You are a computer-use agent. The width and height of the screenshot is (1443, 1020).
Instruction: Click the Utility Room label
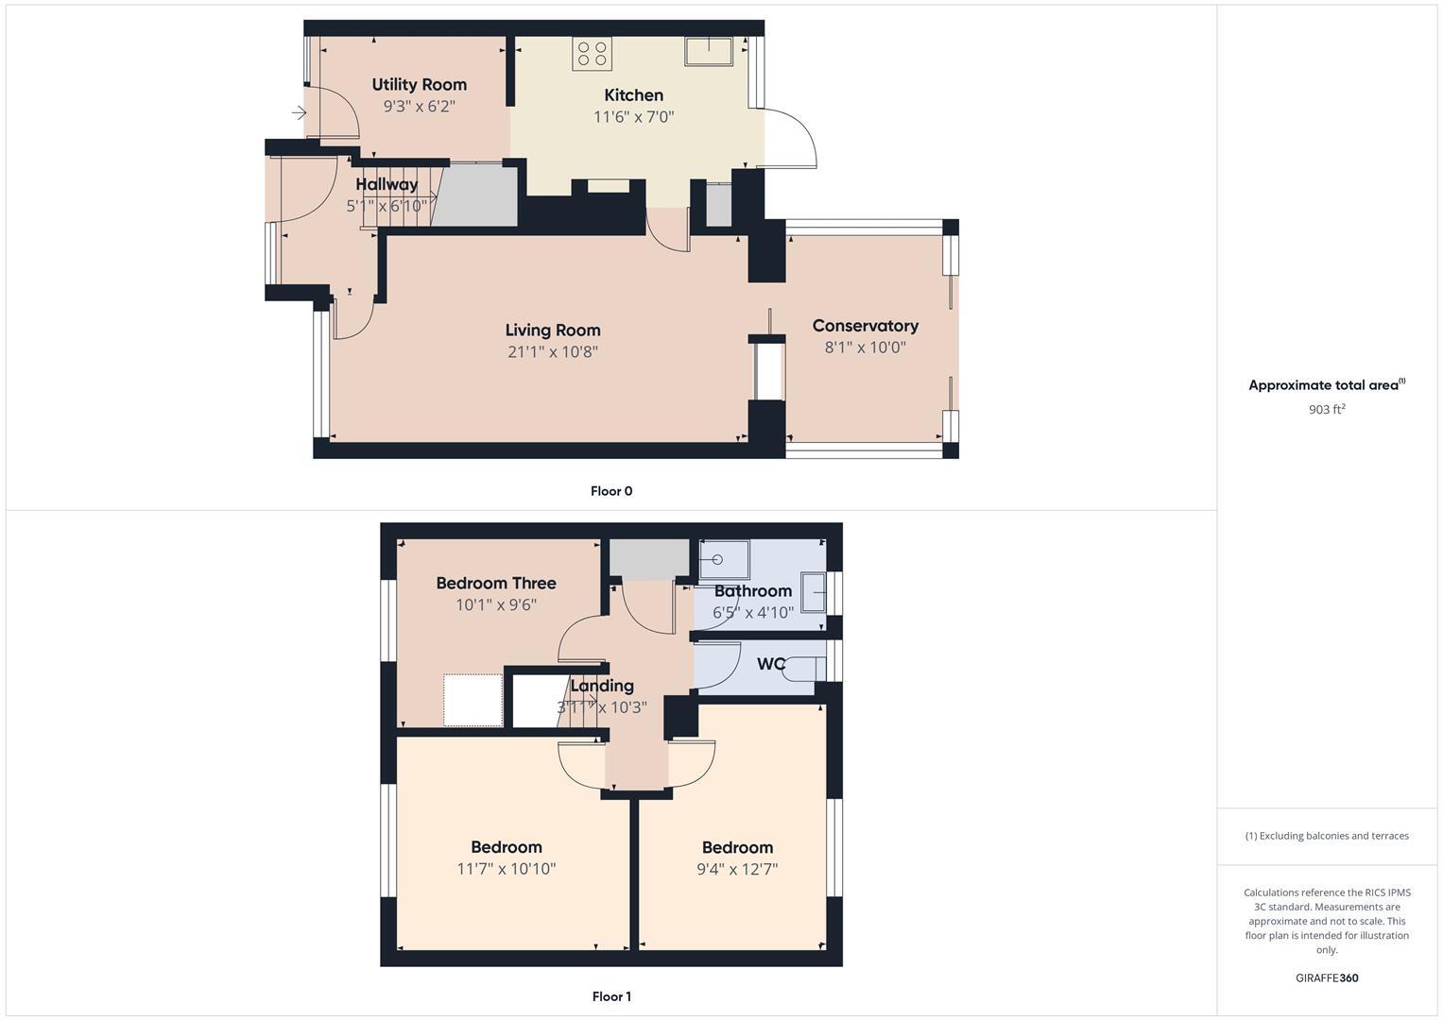[419, 85]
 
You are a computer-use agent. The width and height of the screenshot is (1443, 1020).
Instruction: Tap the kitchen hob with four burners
[592, 54]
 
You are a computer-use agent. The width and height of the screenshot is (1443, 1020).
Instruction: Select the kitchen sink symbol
[709, 51]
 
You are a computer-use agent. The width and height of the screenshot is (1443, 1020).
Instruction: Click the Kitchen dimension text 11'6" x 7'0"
[633, 117]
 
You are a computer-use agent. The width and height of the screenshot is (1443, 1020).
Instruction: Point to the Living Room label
[553, 331]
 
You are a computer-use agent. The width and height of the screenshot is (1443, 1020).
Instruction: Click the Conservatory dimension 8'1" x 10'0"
[865, 348]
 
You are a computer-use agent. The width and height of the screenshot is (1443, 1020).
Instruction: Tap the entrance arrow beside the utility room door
[299, 113]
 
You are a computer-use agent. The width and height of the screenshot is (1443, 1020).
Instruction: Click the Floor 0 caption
[611, 491]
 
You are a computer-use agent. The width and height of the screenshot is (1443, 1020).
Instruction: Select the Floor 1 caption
[611, 996]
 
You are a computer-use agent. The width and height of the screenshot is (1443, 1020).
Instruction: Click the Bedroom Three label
[495, 584]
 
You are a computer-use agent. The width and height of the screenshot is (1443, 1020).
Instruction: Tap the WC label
[770, 664]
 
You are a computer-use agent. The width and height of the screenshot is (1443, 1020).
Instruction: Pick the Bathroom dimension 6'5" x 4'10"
[752, 613]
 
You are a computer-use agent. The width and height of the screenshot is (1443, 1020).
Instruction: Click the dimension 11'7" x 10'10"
[506, 869]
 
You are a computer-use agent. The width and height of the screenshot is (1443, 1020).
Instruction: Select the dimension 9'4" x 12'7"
[737, 869]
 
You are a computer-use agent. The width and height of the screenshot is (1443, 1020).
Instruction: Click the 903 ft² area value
[1327, 410]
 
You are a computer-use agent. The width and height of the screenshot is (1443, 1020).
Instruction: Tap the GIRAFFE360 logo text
[1327, 978]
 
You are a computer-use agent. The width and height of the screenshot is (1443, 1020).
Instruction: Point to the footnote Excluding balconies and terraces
[1327, 836]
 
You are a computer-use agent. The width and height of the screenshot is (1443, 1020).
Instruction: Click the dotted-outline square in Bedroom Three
[472, 700]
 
